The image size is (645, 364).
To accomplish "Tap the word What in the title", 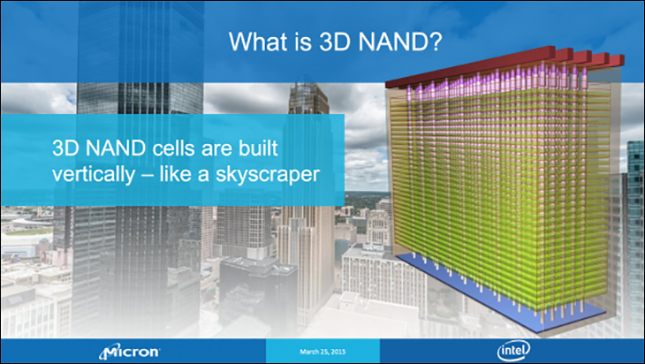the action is (x=257, y=42).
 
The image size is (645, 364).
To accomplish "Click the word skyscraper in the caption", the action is (x=268, y=175).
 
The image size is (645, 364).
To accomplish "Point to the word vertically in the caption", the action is (x=94, y=175).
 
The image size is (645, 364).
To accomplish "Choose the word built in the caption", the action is (x=258, y=148).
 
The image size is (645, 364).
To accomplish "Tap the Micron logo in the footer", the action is (x=130, y=352).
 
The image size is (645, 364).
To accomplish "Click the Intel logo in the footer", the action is (x=513, y=351).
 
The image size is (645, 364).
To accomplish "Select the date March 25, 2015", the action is (x=322, y=352).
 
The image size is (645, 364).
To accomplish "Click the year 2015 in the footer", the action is (x=338, y=352).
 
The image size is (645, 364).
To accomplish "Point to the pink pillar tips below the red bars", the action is (x=497, y=81).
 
